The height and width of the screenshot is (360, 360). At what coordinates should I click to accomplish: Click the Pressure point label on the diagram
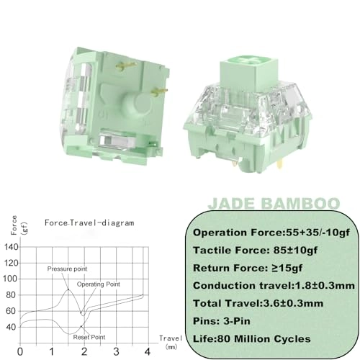point(67,269)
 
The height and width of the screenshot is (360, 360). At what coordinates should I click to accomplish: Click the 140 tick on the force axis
point(11,247)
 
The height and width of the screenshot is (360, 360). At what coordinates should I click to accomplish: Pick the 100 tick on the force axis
point(11,278)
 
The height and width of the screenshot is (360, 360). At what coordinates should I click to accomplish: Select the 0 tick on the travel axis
point(20,352)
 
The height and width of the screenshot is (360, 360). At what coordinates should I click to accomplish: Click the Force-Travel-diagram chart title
point(89,223)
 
